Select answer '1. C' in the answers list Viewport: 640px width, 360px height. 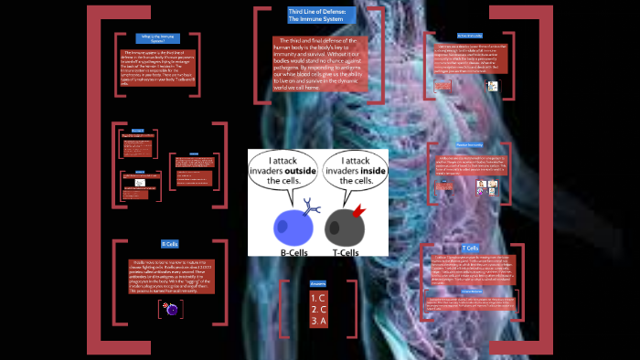pyautogui.click(x=318, y=298)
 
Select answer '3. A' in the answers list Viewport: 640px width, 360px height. pyautogui.click(x=318, y=320)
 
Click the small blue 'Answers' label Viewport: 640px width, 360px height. pyautogui.click(x=318, y=283)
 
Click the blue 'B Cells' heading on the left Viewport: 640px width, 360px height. pyautogui.click(x=170, y=245)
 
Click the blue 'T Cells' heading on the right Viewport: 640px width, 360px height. pyautogui.click(x=471, y=249)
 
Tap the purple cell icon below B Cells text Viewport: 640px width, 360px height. pyautogui.click(x=171, y=310)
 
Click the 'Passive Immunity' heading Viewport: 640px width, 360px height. pyautogui.click(x=469, y=145)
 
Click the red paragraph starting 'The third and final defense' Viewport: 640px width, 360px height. pyautogui.click(x=321, y=63)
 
